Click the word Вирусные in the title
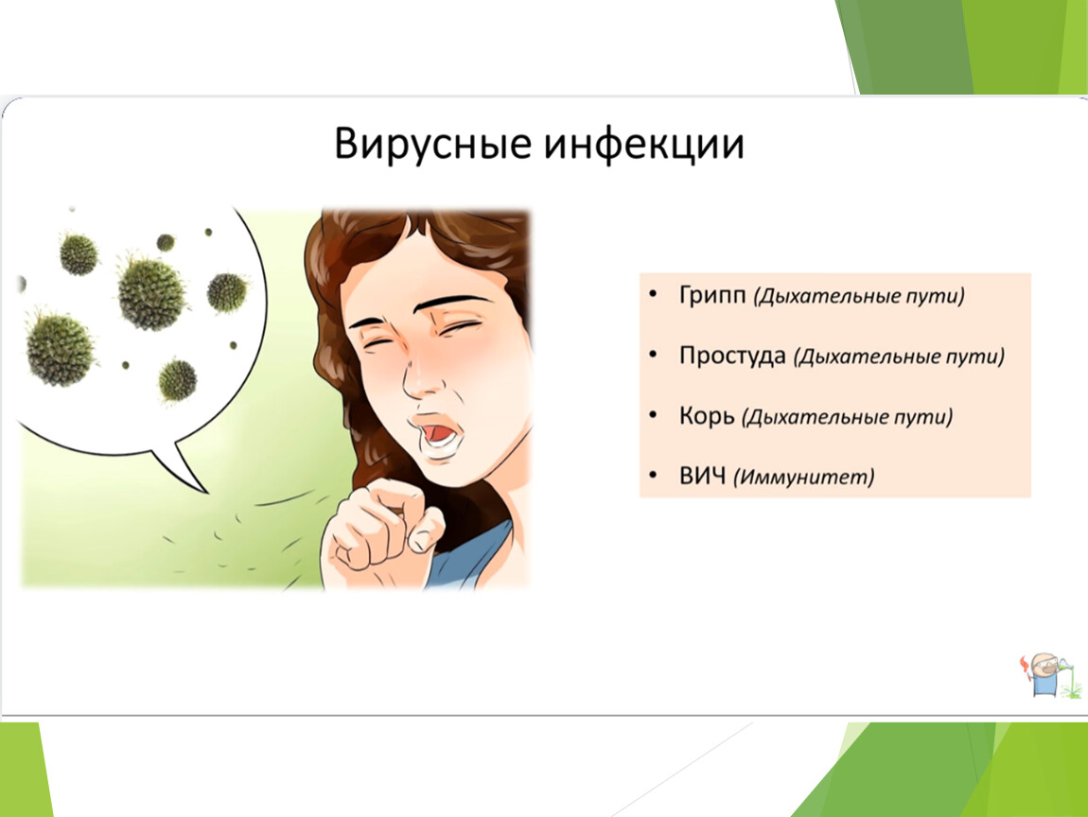[x=433, y=145]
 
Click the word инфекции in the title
[x=644, y=145]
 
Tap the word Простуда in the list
[x=732, y=356]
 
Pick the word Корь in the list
[x=707, y=416]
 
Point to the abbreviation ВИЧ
[x=702, y=477]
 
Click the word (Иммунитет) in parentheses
[x=804, y=478]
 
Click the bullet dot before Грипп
[x=652, y=295]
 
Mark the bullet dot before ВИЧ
[x=652, y=475]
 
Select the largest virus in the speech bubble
[x=151, y=292]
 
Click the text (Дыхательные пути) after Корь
[x=848, y=418]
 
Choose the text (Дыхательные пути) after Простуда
[x=900, y=357]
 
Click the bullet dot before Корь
[x=652, y=415]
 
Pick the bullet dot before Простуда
[x=652, y=356]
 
